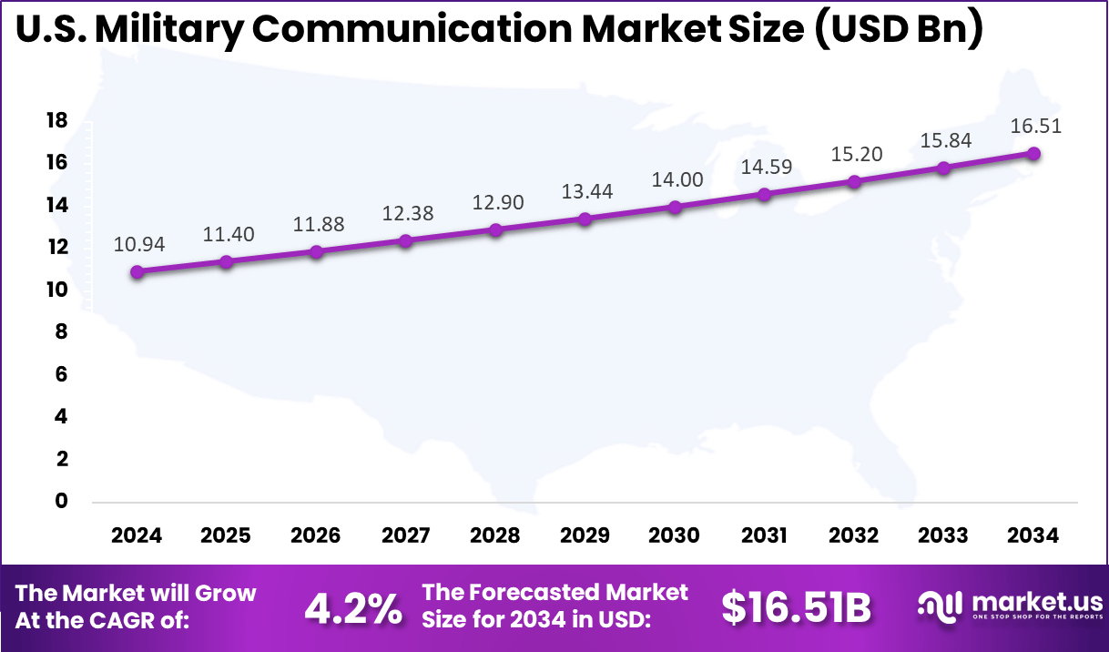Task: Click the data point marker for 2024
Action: [137, 271]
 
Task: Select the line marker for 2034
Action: [1033, 154]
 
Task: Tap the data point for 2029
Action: [585, 219]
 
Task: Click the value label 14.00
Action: [677, 179]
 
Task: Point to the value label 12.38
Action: [408, 213]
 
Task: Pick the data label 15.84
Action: [946, 140]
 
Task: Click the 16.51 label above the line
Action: [1035, 126]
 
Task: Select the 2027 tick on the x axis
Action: [405, 535]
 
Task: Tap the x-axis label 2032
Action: [854, 535]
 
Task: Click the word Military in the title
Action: [168, 29]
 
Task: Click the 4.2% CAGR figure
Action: [352, 608]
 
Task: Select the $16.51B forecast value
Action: [797, 608]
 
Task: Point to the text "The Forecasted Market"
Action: [555, 592]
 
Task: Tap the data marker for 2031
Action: [764, 195]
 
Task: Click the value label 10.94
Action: [138, 244]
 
